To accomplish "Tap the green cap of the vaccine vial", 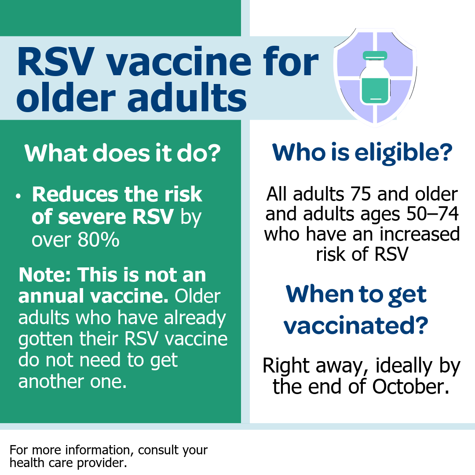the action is tap(375, 55).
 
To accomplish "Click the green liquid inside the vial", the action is tap(375, 90).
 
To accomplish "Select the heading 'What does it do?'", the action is tap(122, 153).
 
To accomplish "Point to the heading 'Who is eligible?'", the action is tap(362, 152).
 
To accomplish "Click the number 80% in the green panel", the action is tap(99, 240).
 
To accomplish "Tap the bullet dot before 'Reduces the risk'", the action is tap(18, 196).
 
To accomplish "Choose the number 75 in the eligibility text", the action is tap(360, 194).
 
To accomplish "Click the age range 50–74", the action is tap(432, 214).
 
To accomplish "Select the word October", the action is tap(410, 387).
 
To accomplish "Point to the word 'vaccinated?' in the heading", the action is tap(356, 325).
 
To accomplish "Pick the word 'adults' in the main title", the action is tap(187, 98).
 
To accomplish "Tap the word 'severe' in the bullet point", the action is tap(92, 217).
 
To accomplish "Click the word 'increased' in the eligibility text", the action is tap(420, 234).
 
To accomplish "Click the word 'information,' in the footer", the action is tap(99, 450).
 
